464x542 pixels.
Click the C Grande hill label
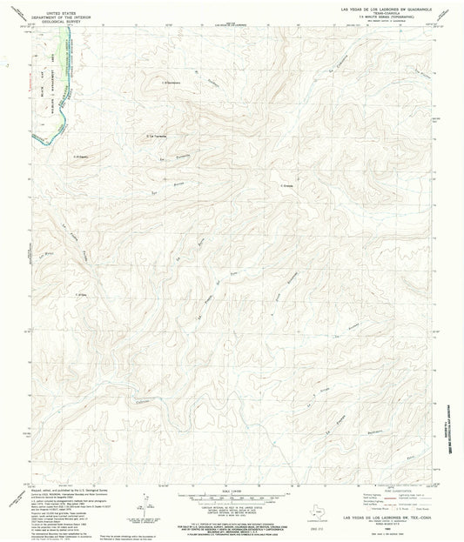point(288,184)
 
